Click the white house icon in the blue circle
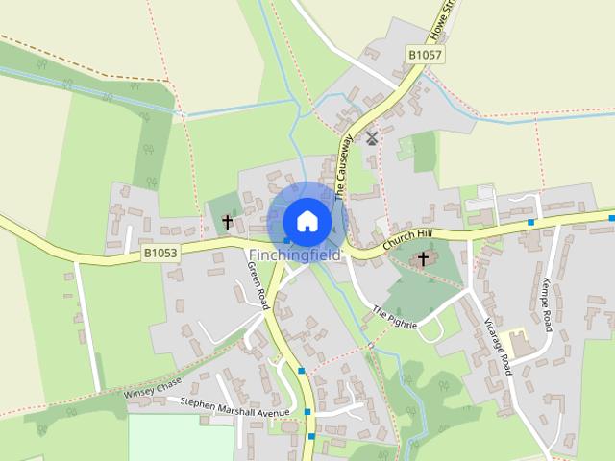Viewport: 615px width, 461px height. pos(307,220)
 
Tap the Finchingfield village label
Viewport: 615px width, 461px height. pos(294,255)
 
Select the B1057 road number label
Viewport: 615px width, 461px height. pos(425,56)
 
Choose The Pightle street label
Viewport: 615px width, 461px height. pos(394,318)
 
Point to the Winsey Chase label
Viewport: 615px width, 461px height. pos(152,388)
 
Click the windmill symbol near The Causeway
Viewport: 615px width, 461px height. pos(372,138)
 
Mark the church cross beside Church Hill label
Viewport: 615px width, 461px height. pos(423,259)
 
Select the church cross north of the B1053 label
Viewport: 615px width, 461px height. pos(228,222)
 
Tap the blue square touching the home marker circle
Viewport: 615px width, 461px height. pos(286,239)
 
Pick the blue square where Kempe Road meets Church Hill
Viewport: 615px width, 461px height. pos(531,223)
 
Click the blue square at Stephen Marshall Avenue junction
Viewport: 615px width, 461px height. pos(308,412)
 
